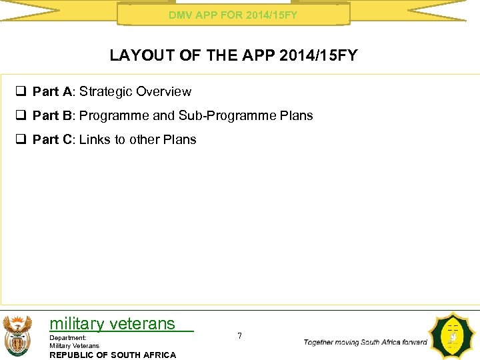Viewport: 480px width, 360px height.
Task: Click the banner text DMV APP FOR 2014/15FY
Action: tap(233, 14)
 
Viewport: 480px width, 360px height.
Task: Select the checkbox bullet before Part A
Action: tap(23, 92)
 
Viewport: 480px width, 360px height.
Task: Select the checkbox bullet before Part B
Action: tap(23, 116)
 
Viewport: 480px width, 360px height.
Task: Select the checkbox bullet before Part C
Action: tap(23, 140)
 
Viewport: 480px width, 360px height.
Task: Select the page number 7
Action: tap(240, 336)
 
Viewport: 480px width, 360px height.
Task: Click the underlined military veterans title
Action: tap(112, 324)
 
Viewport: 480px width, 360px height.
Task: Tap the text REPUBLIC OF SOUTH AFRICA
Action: tap(113, 355)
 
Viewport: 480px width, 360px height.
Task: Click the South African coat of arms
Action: tap(17, 336)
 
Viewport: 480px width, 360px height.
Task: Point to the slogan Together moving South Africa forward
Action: tap(365, 342)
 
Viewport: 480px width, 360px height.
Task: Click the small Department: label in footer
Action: tap(68, 338)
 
